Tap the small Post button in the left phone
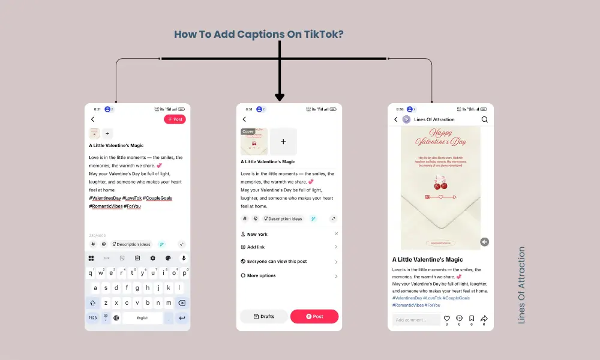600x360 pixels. pos(175,119)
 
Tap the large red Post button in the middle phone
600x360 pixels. pos(314,316)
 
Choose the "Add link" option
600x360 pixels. pos(256,247)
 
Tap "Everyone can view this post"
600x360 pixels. pos(277,262)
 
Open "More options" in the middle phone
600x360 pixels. pos(261,275)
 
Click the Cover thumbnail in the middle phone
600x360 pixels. pos(254,142)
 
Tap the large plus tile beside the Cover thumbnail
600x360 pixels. pos(283,142)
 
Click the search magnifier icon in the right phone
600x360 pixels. pos(484,119)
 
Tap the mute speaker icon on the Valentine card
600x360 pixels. pos(484,242)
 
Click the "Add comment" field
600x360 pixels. pos(415,320)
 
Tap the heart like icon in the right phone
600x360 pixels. pos(446,319)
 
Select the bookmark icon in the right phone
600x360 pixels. pos(472,319)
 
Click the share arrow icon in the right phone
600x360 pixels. pos(484,319)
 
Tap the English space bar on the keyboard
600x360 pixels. pos(143,318)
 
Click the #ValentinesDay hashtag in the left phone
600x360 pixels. pos(105,198)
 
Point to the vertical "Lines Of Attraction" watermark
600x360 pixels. pos(521,285)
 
